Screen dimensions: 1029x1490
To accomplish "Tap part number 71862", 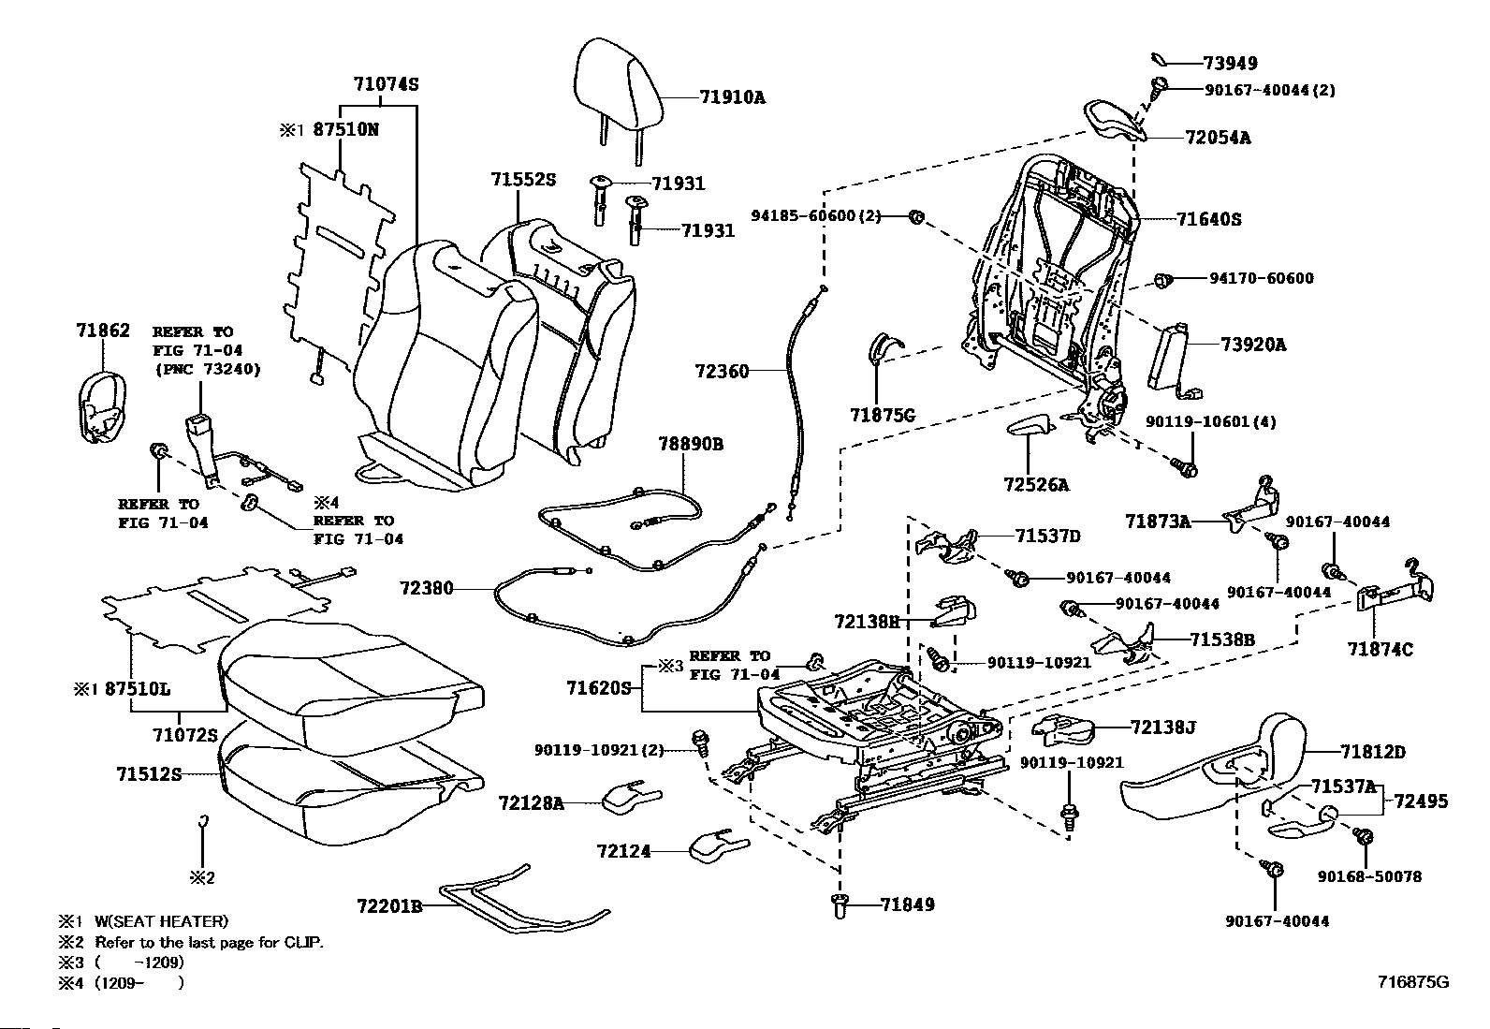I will click(x=102, y=331).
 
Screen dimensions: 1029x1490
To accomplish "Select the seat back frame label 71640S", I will click(x=1208, y=219).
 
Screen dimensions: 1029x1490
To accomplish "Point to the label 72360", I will click(x=722, y=371).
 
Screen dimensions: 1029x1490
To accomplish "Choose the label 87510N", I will click(x=345, y=130).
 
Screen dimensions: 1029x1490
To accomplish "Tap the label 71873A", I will click(x=1158, y=521).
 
